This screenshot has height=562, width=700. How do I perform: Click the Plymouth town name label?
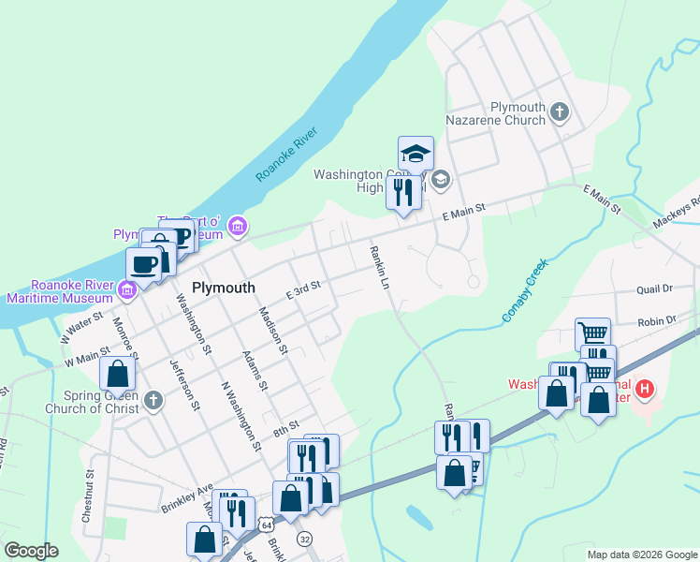click(x=224, y=287)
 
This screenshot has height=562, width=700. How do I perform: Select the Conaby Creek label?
click(x=525, y=291)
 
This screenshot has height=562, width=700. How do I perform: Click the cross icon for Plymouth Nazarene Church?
click(x=559, y=113)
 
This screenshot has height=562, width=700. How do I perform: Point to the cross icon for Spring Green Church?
click(x=153, y=401)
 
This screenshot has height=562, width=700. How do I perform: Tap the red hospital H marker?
click(x=644, y=387)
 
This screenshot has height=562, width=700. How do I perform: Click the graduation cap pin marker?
click(x=416, y=154)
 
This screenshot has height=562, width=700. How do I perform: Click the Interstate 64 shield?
click(x=268, y=521)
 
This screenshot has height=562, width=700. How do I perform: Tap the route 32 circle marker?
click(x=304, y=539)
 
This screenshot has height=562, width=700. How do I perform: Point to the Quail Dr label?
click(x=654, y=290)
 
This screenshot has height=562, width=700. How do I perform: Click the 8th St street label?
click(x=284, y=430)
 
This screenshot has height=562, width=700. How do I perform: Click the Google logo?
click(x=31, y=551)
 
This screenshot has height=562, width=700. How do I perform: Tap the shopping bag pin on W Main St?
click(x=118, y=374)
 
